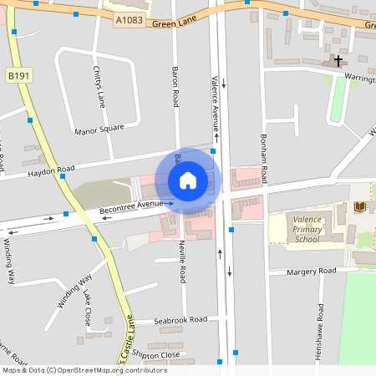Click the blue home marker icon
[188, 180]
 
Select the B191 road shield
[18, 75]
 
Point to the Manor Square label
[99, 130]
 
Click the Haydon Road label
[52, 170]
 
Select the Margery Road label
[311, 272]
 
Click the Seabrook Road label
[180, 320]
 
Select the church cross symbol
[338, 61]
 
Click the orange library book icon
[360, 206]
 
